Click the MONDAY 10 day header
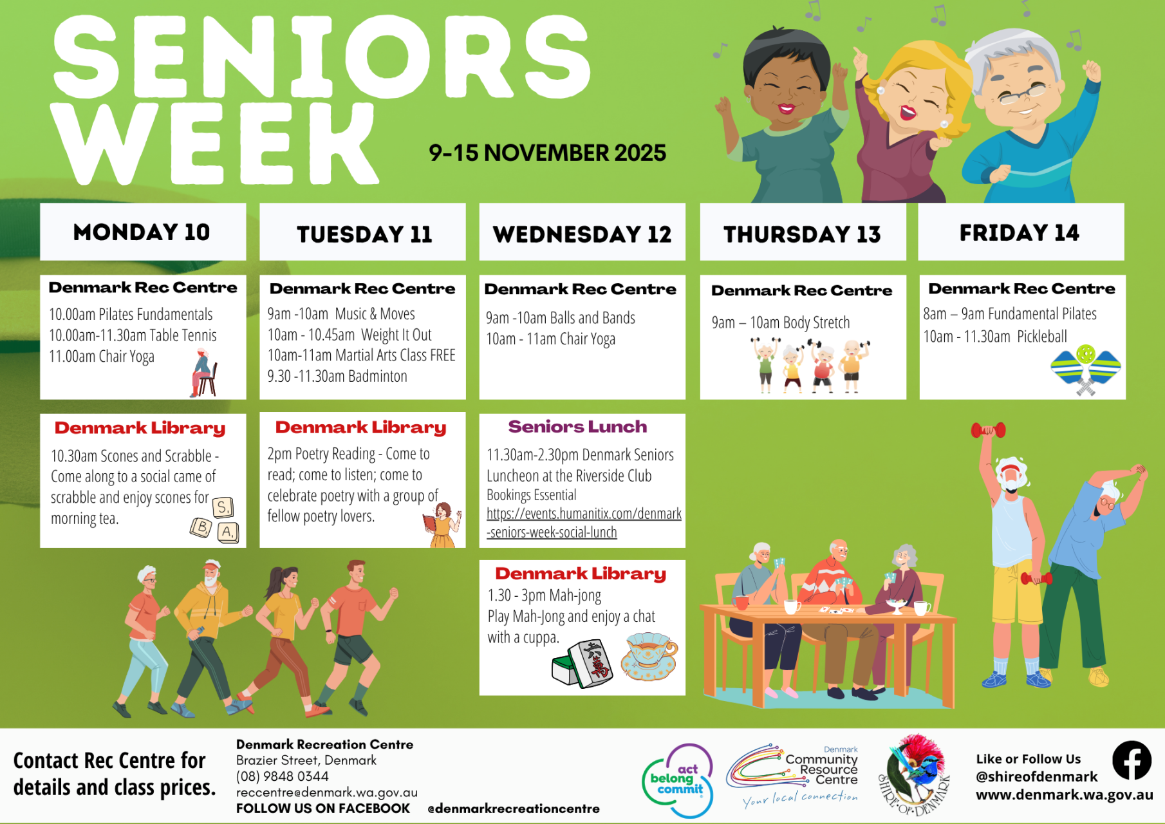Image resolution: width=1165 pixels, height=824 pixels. pos(142,232)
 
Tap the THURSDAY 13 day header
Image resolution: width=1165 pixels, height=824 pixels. pos(803,233)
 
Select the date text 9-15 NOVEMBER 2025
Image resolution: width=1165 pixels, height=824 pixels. pos(547,153)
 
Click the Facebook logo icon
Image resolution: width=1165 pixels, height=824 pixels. pos(1132,760)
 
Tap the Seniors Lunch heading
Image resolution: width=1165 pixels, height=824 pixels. pos(577,427)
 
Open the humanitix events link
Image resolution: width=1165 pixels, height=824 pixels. pos(584,523)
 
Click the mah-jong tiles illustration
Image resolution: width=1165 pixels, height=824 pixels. pos(582,663)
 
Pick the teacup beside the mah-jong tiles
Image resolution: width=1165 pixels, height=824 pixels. pos(649,657)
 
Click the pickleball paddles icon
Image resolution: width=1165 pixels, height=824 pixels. pos(1086,369)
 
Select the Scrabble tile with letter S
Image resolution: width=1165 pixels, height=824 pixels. pos(223,507)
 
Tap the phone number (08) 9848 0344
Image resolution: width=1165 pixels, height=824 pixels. pos(282,776)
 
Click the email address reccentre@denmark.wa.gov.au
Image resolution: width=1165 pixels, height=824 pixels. pos(327,792)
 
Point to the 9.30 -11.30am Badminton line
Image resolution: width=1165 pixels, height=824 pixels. pos(337,376)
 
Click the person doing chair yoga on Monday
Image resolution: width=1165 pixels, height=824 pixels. pos(203,373)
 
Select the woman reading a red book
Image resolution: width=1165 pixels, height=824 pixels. pos(442,525)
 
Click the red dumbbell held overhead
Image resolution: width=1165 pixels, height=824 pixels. pos(988,429)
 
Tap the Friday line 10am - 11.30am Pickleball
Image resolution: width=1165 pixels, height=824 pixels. pos(995,337)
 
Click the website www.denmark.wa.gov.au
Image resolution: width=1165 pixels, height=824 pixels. pos(1065,795)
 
